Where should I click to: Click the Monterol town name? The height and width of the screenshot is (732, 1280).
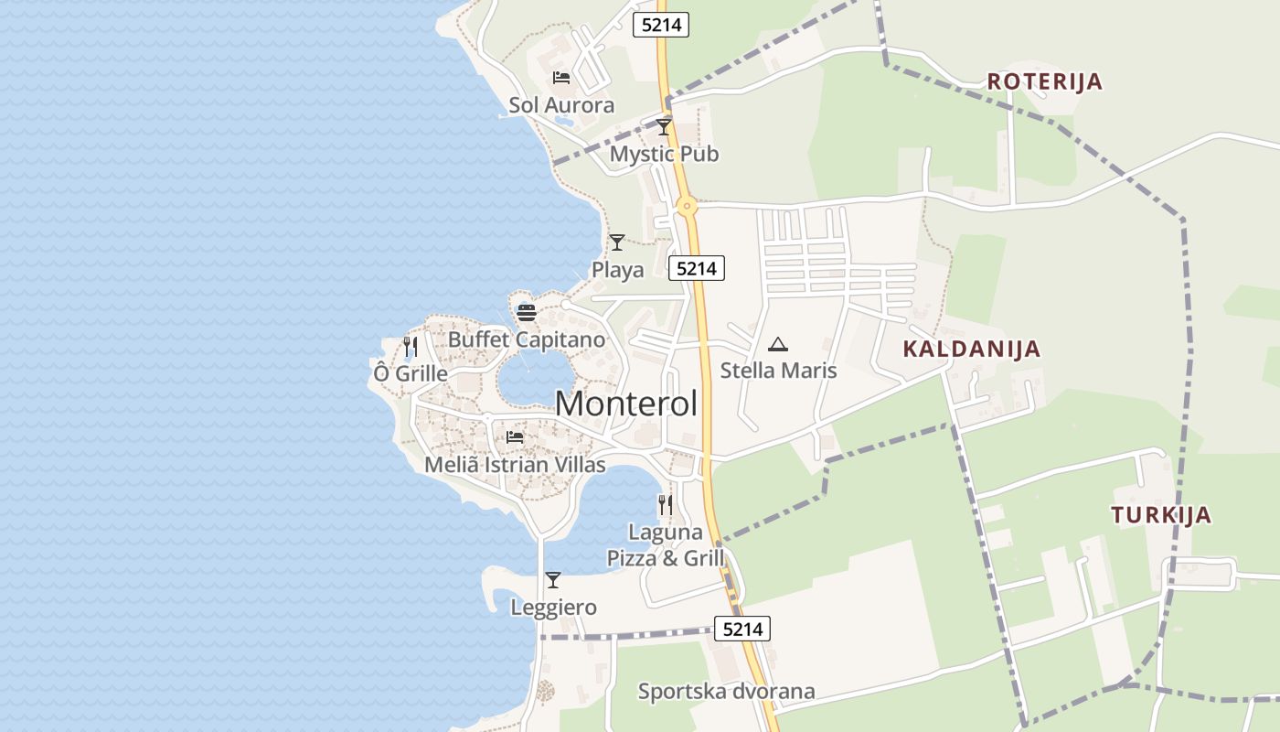[x=626, y=404]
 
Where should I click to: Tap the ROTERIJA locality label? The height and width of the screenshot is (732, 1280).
[x=1044, y=81]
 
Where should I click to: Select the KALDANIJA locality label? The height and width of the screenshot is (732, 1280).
[x=971, y=349]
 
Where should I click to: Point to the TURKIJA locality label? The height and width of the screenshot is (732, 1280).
[x=1161, y=515]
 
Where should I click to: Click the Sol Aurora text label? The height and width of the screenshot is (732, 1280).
[x=561, y=105]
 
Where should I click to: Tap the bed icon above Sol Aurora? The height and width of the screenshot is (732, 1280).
[x=561, y=78]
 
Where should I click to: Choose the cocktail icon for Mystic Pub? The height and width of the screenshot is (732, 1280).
[x=664, y=127]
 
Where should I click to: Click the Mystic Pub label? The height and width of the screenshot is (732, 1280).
[x=664, y=154]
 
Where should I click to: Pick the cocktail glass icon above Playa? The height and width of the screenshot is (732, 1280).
[x=617, y=242]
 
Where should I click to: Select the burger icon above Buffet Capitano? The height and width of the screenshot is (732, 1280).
[x=526, y=312]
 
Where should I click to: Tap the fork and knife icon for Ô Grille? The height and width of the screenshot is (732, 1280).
[x=411, y=347]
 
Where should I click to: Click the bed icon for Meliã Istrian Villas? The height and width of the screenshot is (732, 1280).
[x=515, y=437]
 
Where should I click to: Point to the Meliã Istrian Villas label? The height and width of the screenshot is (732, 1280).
[x=515, y=465]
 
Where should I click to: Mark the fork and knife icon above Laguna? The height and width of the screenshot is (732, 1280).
[x=665, y=504]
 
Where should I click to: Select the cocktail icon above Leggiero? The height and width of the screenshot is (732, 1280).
[x=553, y=580]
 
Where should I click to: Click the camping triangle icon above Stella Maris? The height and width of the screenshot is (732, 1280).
[x=778, y=344]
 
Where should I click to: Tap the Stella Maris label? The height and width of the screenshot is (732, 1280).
[x=778, y=371]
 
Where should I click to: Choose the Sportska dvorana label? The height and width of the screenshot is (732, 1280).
[x=726, y=691]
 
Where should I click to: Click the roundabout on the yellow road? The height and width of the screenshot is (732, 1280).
[x=687, y=207]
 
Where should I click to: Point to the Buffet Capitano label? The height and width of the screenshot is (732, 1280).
[x=526, y=339]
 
